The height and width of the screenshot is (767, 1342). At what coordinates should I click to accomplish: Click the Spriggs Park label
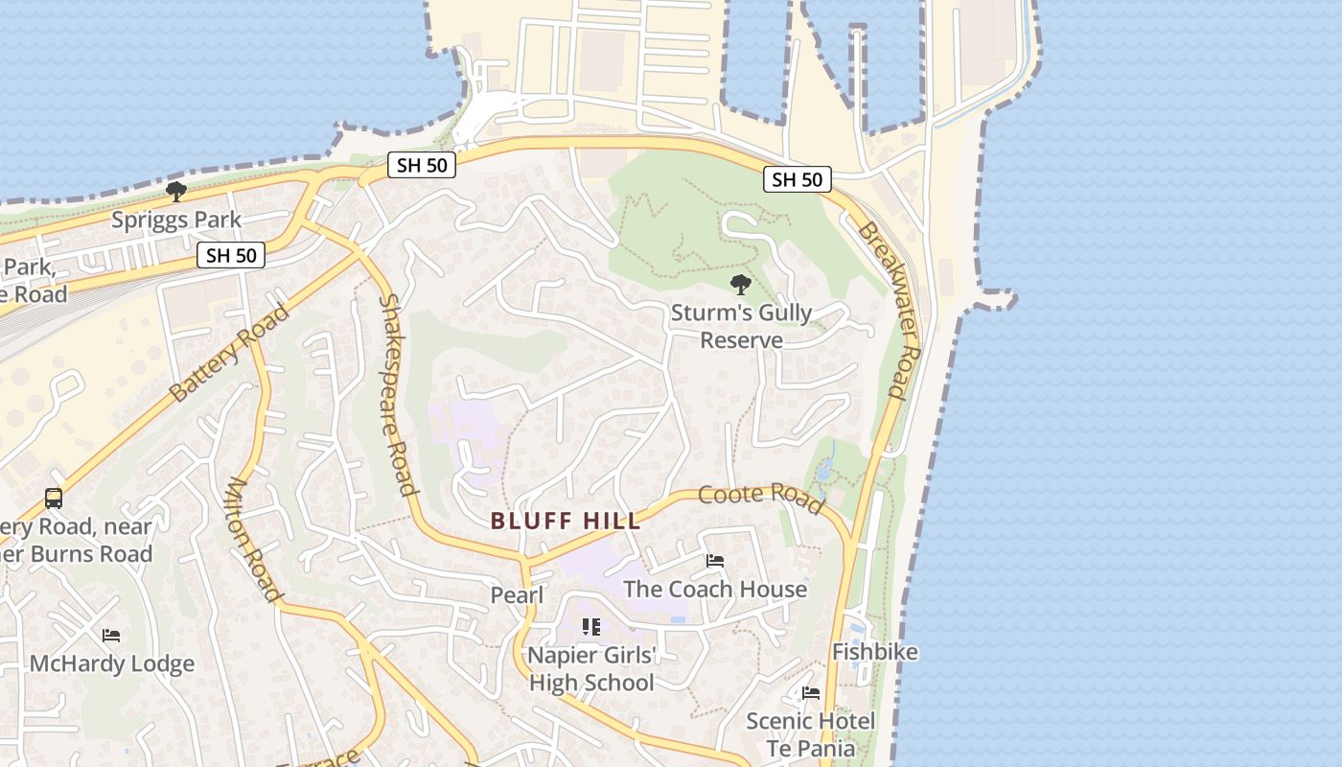(176, 220)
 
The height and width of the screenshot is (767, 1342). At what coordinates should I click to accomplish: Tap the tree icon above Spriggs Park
(176, 192)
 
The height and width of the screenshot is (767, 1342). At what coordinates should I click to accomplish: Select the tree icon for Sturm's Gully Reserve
(740, 284)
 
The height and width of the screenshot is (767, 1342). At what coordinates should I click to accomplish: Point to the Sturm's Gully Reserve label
(741, 326)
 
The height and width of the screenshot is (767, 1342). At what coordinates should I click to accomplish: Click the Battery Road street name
(228, 353)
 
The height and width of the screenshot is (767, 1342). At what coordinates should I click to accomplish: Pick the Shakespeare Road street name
(398, 394)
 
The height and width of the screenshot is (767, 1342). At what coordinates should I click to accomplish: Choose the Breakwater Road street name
(883, 311)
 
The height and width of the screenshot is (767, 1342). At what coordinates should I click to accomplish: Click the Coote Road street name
(761, 498)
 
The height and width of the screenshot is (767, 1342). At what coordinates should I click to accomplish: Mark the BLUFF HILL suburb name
(565, 522)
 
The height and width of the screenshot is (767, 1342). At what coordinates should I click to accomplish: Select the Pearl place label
(517, 595)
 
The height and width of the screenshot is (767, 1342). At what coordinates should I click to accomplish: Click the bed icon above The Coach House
(715, 561)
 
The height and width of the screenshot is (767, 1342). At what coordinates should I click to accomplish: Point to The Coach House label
(715, 589)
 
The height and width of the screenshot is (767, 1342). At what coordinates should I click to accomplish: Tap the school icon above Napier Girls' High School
(591, 627)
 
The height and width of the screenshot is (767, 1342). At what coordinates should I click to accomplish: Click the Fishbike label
(874, 652)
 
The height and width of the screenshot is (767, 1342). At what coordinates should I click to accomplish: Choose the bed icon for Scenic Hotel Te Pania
(811, 693)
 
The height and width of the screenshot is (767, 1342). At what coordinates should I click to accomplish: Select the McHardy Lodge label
(112, 663)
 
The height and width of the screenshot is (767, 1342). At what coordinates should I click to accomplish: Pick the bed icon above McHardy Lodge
(111, 636)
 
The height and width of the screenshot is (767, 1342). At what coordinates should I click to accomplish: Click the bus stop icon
(54, 499)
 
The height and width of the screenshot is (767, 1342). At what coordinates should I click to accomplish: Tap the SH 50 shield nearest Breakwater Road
(798, 179)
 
